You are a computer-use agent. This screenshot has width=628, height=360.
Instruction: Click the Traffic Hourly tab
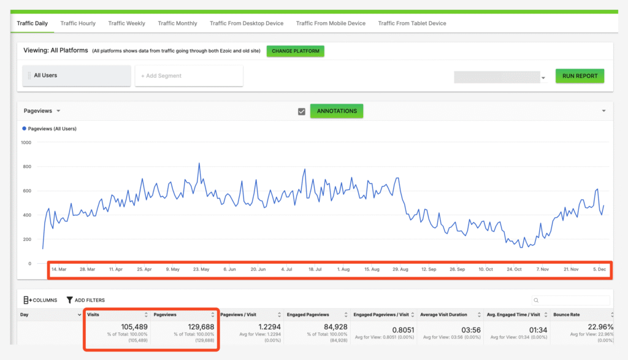tap(78, 23)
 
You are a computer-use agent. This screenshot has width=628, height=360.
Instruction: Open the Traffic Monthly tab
tap(177, 23)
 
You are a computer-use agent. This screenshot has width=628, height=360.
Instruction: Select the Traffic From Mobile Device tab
tap(331, 23)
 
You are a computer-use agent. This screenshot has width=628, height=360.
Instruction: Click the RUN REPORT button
tap(580, 76)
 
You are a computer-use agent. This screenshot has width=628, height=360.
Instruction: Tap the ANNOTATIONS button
tap(337, 111)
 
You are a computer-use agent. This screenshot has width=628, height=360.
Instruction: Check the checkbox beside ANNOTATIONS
tap(301, 112)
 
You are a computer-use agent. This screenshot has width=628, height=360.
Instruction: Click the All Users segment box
tap(77, 75)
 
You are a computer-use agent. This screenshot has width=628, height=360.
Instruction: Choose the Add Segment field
tap(189, 76)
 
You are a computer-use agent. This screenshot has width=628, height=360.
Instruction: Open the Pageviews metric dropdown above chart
tap(42, 111)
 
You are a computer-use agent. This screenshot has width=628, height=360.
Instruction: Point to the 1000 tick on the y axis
tap(26, 142)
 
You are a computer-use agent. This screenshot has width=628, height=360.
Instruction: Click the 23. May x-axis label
tap(201, 269)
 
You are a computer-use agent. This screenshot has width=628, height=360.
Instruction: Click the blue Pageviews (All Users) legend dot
tap(25, 129)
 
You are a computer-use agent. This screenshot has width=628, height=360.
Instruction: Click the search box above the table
tap(571, 301)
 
